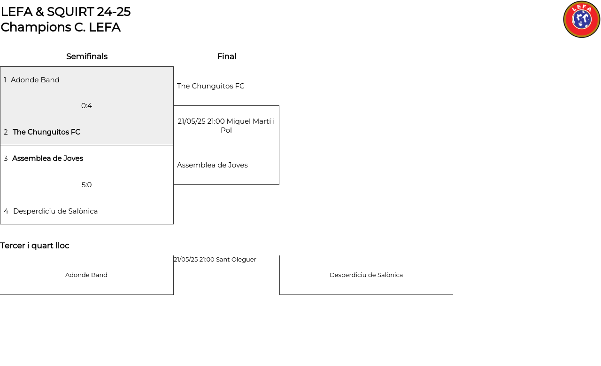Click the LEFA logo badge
[x=581, y=19]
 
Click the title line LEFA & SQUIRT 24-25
[x=66, y=12]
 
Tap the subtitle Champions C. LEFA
[x=61, y=27]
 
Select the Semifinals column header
[x=87, y=56]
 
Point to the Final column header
[x=227, y=56]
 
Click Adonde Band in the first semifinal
[x=35, y=80]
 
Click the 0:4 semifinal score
[x=87, y=106]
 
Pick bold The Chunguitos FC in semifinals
[x=46, y=132]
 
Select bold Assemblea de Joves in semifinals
[x=48, y=158]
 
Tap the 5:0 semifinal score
[x=87, y=185]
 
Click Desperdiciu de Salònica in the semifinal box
[x=55, y=211]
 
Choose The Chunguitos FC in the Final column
[x=211, y=86]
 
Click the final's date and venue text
[x=226, y=126]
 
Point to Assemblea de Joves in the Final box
[x=212, y=165]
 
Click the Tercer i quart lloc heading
[x=35, y=246]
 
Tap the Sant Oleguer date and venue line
[x=215, y=259]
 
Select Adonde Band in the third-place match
[x=86, y=275]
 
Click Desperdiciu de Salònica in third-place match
[x=366, y=275]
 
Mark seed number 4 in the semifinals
[x=6, y=211]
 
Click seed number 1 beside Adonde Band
[x=5, y=80]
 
